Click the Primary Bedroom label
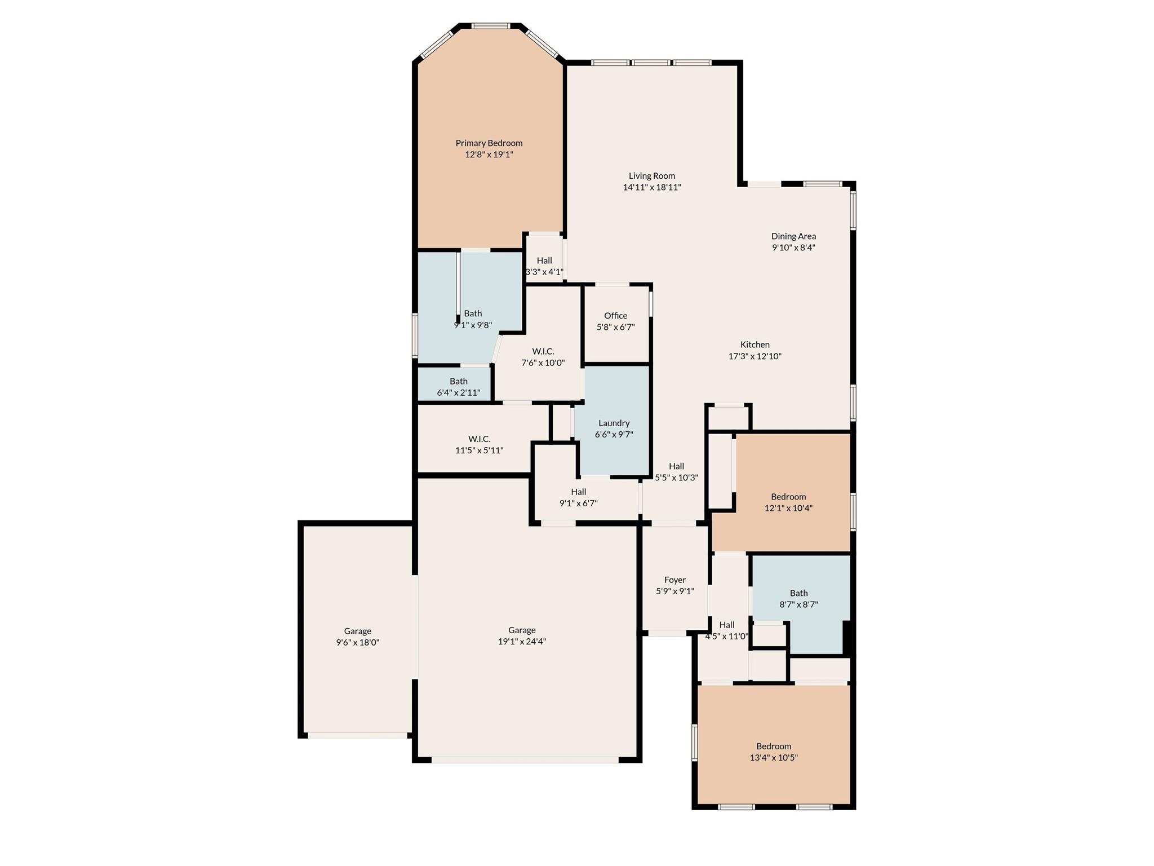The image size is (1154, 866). click(489, 143)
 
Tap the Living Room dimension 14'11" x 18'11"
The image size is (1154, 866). click(651, 187)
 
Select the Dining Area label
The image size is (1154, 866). click(793, 236)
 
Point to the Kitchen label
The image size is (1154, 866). click(754, 344)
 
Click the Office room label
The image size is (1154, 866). click(615, 316)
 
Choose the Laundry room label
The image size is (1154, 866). click(614, 423)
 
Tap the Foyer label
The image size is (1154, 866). click(674, 580)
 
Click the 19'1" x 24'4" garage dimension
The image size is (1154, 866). click(522, 642)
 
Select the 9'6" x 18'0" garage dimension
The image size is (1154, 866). click(357, 643)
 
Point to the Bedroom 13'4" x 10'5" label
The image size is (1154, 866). click(773, 746)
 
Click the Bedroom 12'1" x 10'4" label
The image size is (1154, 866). click(788, 497)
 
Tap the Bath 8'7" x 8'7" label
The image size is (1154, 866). click(798, 593)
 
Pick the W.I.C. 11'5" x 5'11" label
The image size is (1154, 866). click(479, 439)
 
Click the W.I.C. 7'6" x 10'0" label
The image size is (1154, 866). click(543, 351)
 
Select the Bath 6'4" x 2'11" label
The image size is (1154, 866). click(458, 381)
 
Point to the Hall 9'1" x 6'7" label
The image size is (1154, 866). click(578, 492)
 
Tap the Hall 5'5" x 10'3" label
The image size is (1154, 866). click(676, 466)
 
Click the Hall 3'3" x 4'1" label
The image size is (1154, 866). click(544, 260)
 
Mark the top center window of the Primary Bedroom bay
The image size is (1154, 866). click(490, 26)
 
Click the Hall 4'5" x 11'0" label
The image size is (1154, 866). click(726, 625)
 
